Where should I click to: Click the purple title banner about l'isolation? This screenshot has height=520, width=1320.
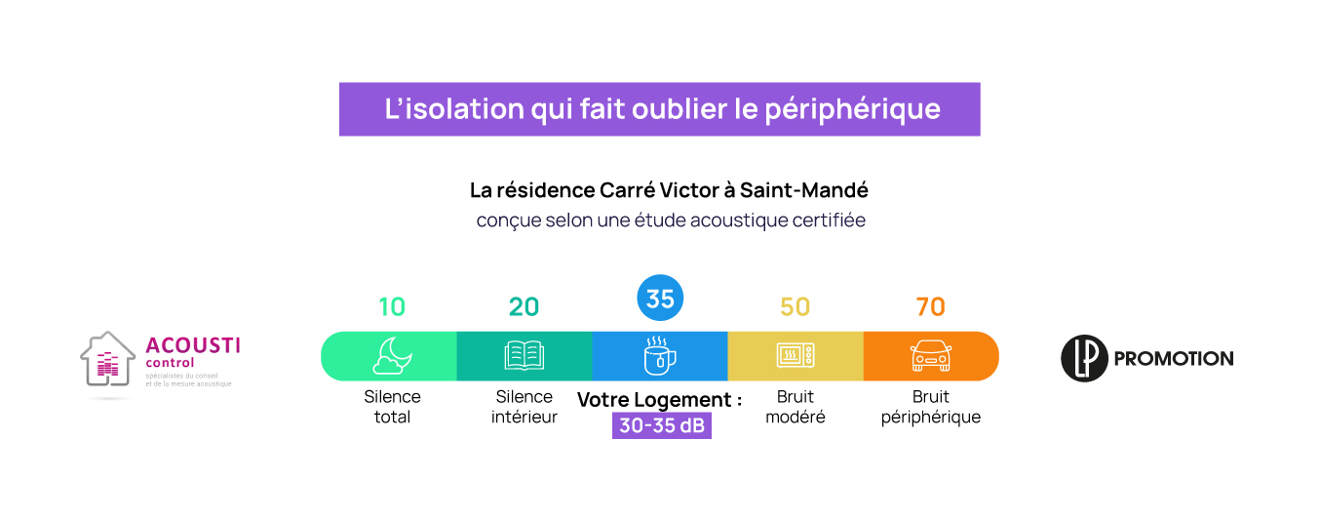659,108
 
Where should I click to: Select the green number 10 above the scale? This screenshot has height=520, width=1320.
392,306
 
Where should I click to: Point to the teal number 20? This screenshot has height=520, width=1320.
524,306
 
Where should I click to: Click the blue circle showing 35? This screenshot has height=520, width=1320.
660,299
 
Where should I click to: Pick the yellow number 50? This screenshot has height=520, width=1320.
795,306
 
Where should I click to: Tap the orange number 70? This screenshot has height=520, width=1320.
930,306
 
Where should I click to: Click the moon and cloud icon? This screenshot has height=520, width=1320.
392,356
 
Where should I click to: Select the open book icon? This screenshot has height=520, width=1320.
524,356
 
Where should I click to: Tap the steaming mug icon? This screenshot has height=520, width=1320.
660,356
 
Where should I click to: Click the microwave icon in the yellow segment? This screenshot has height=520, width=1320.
796,356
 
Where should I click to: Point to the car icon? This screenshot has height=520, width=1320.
930,356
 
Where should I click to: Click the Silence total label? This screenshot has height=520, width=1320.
392,407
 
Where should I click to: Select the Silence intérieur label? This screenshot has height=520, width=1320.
524,407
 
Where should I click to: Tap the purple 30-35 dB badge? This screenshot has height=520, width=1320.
662,426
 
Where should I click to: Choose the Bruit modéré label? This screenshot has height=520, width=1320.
796,407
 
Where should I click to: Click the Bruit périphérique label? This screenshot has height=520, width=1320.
931,407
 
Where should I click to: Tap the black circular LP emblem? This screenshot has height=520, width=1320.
1084,358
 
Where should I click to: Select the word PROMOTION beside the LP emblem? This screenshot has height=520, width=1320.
1173,359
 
